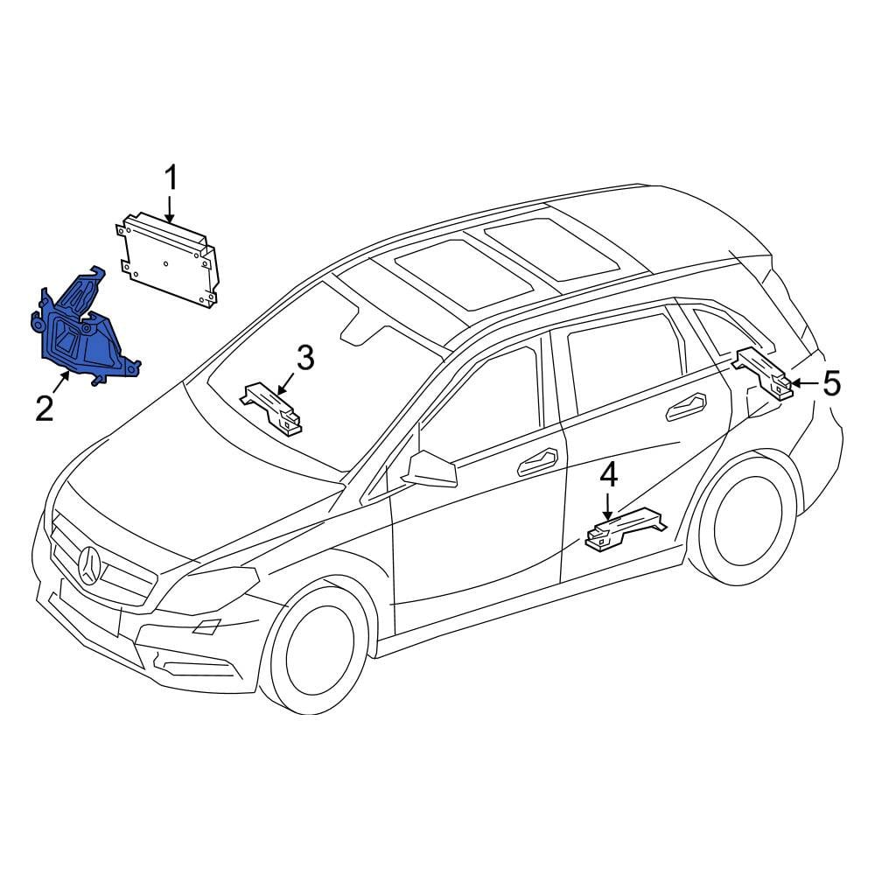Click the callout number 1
point(171,178)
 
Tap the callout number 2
point(44,408)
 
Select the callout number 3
point(305,358)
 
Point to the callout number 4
point(608,476)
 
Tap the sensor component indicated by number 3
point(272,408)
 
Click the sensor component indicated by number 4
point(625,528)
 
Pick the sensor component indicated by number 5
point(763,373)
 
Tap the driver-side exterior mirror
point(430,469)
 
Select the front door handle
point(538,461)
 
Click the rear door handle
point(687,407)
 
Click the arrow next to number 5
point(805,383)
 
